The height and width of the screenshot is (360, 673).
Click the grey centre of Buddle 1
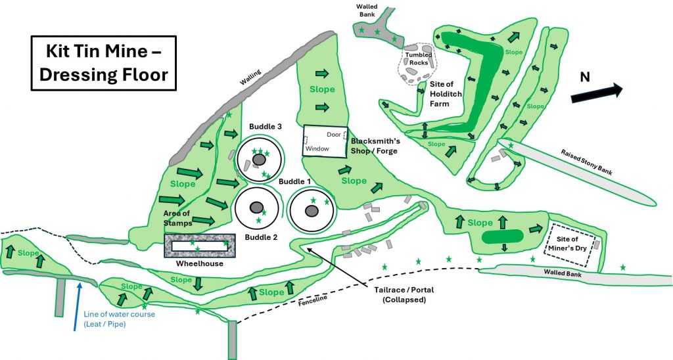[312, 210]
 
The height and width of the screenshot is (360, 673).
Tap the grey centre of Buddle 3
[259, 160]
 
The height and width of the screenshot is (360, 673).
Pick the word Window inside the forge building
[317, 148]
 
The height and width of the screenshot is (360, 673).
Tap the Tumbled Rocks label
[419, 58]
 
